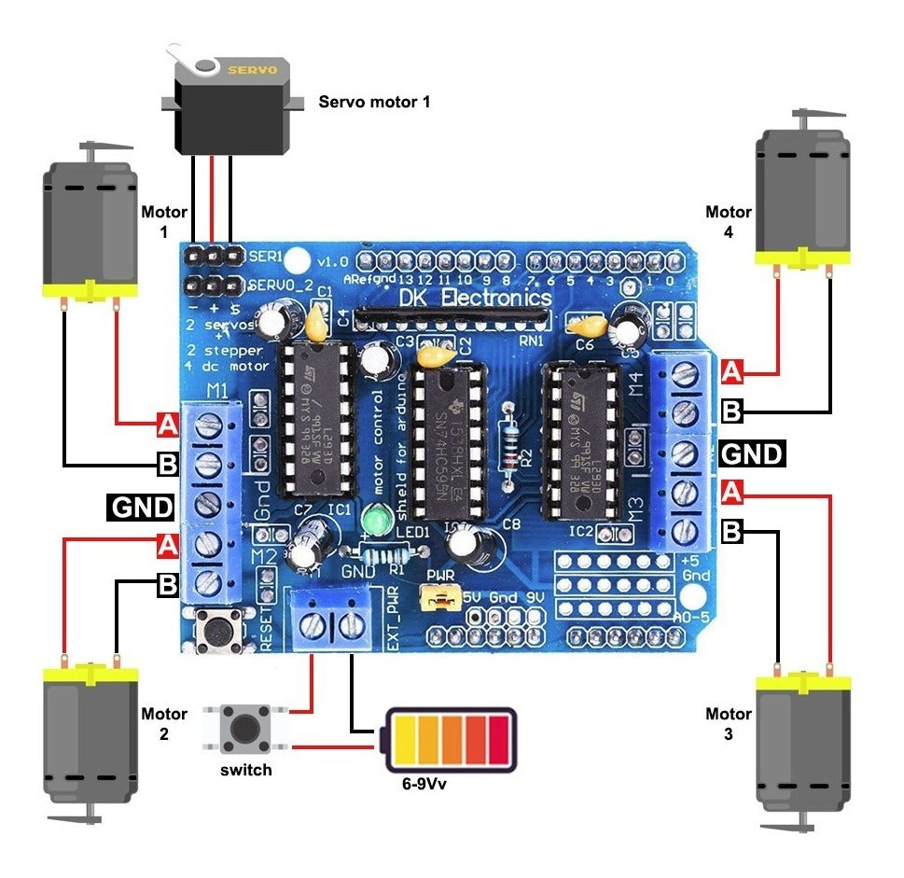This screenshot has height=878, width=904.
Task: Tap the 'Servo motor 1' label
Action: (374, 101)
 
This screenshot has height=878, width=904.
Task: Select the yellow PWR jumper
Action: (438, 597)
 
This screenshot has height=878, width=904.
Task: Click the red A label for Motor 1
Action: (167, 425)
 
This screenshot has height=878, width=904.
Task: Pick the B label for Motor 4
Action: (732, 409)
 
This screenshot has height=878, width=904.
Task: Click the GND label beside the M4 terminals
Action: (752, 453)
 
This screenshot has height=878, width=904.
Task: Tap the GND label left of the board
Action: (142, 507)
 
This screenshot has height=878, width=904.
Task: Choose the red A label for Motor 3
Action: (732, 489)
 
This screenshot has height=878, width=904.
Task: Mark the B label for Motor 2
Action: (167, 585)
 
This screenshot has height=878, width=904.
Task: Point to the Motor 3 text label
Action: (728, 724)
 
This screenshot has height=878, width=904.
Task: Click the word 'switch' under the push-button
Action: (246, 770)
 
